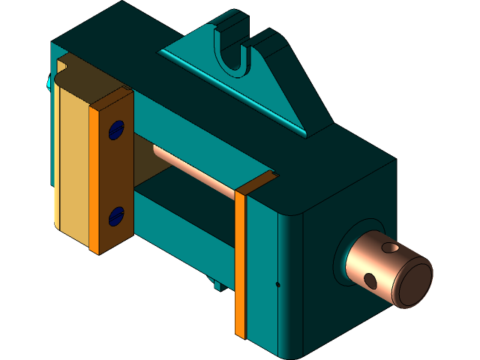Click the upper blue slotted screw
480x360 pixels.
point(115,131)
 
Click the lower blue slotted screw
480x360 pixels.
point(115,216)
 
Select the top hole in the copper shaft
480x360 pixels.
point(391,247)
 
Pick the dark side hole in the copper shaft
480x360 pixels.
point(370,280)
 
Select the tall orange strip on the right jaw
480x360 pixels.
point(240,262)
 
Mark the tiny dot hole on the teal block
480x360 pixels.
point(277,284)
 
